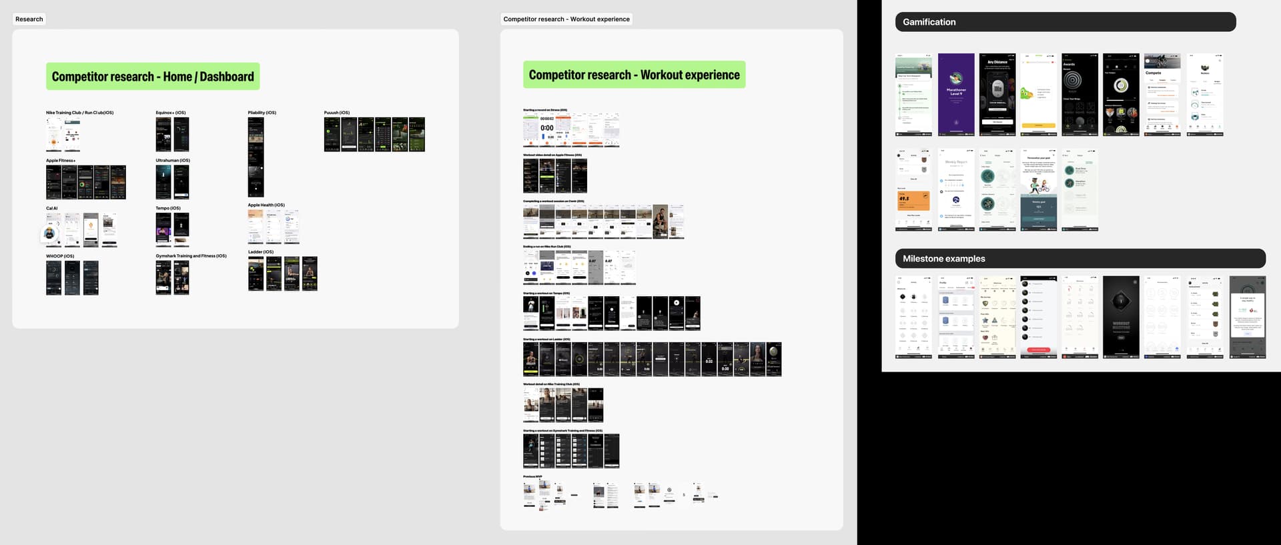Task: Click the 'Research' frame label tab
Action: click(29, 19)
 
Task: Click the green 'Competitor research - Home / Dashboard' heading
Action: click(153, 77)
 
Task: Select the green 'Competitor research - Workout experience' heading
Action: click(634, 75)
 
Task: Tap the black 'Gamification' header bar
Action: click(1065, 22)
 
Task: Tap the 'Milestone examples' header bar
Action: click(1080, 259)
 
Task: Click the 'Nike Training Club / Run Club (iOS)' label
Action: click(79, 113)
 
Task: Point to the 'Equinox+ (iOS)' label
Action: click(171, 113)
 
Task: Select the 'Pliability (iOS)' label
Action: click(262, 113)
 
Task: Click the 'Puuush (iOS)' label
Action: click(337, 113)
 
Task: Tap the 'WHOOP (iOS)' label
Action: click(60, 256)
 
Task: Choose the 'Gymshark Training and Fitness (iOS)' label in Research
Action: click(191, 256)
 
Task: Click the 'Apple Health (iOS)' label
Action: click(266, 205)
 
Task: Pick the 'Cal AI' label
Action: click(52, 208)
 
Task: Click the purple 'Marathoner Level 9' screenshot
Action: click(956, 95)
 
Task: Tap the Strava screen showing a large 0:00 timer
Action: click(547, 129)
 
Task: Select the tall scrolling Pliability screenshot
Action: click(256, 157)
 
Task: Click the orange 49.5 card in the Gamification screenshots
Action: click(913, 199)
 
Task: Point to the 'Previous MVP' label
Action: click(532, 476)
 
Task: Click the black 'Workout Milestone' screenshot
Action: click(1121, 318)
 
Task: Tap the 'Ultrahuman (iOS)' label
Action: click(173, 161)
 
